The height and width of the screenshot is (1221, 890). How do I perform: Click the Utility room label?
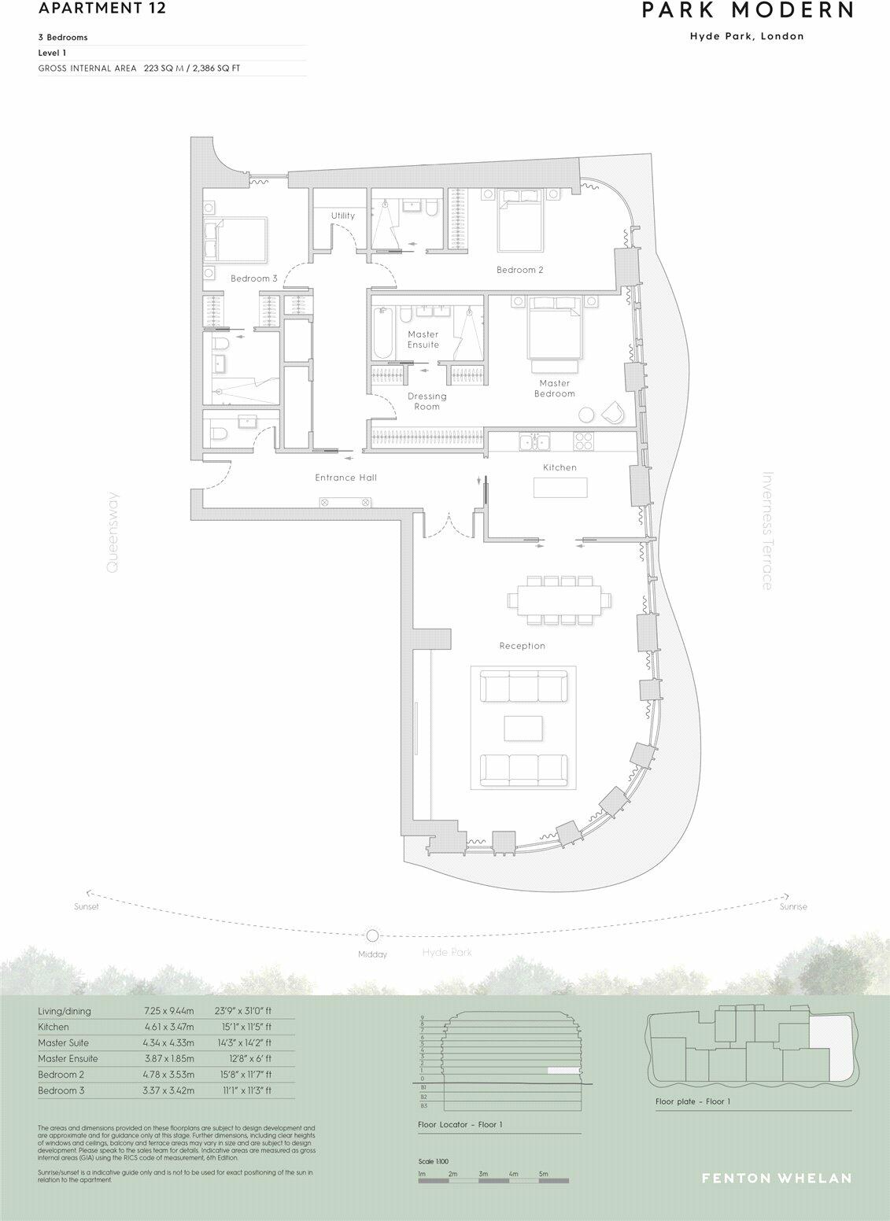342,216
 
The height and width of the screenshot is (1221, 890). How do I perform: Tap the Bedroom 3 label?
253,279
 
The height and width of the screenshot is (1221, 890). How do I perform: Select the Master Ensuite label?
423,339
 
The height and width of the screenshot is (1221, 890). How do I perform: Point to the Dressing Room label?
427,401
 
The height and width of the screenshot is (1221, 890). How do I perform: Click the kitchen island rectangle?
560,488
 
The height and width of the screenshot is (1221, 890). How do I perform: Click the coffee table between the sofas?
523,729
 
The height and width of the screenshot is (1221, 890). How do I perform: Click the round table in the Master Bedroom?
586,415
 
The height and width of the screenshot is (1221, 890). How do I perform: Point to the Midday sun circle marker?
372,935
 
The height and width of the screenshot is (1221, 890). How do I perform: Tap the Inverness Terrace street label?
767,530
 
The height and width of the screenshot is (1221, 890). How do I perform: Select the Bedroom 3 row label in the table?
61,1090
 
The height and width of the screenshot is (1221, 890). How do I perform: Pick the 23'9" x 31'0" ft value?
243,1011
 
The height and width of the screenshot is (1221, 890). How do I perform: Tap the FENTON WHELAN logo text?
776,1178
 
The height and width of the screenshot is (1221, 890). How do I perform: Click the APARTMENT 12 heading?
91,9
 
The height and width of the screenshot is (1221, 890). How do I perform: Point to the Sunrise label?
792,907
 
